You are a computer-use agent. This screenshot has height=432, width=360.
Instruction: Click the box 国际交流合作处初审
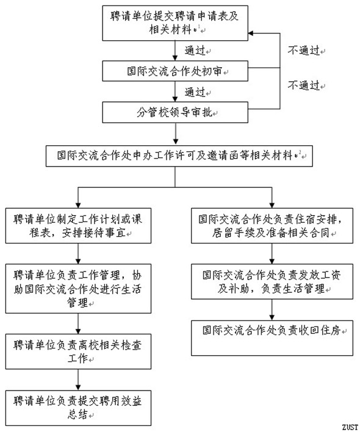click(x=175, y=71)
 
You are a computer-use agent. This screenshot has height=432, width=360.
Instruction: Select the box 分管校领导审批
click(x=175, y=112)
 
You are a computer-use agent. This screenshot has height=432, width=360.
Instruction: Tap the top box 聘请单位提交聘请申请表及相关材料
click(x=175, y=23)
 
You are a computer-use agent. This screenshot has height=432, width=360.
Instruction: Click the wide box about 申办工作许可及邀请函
click(x=179, y=156)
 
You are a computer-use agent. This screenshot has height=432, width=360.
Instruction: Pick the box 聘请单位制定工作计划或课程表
click(x=78, y=226)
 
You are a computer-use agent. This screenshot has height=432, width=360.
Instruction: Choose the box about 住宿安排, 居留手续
click(x=272, y=226)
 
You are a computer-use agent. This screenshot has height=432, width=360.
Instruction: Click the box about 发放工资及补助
click(x=272, y=281)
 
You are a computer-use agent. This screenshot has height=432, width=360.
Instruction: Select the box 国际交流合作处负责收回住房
click(x=272, y=338)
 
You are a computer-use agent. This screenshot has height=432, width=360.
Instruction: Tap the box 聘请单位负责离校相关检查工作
click(x=78, y=351)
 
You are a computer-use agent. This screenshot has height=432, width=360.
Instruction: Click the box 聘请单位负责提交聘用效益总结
click(x=78, y=408)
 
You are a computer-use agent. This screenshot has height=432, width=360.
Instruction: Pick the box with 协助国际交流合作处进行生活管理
click(x=78, y=289)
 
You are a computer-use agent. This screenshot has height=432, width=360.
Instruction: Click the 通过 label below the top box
click(x=195, y=51)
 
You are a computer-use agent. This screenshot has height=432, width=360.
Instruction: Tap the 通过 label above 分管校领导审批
click(x=195, y=92)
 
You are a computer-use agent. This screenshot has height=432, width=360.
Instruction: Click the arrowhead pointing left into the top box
click(x=251, y=34)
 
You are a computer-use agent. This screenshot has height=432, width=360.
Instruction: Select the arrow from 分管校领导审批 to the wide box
click(x=176, y=134)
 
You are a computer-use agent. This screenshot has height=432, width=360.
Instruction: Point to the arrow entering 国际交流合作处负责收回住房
click(x=272, y=310)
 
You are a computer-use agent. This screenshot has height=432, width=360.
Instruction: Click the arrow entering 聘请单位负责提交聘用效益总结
click(x=78, y=380)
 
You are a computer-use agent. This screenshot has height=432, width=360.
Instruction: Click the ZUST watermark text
click(x=350, y=427)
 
